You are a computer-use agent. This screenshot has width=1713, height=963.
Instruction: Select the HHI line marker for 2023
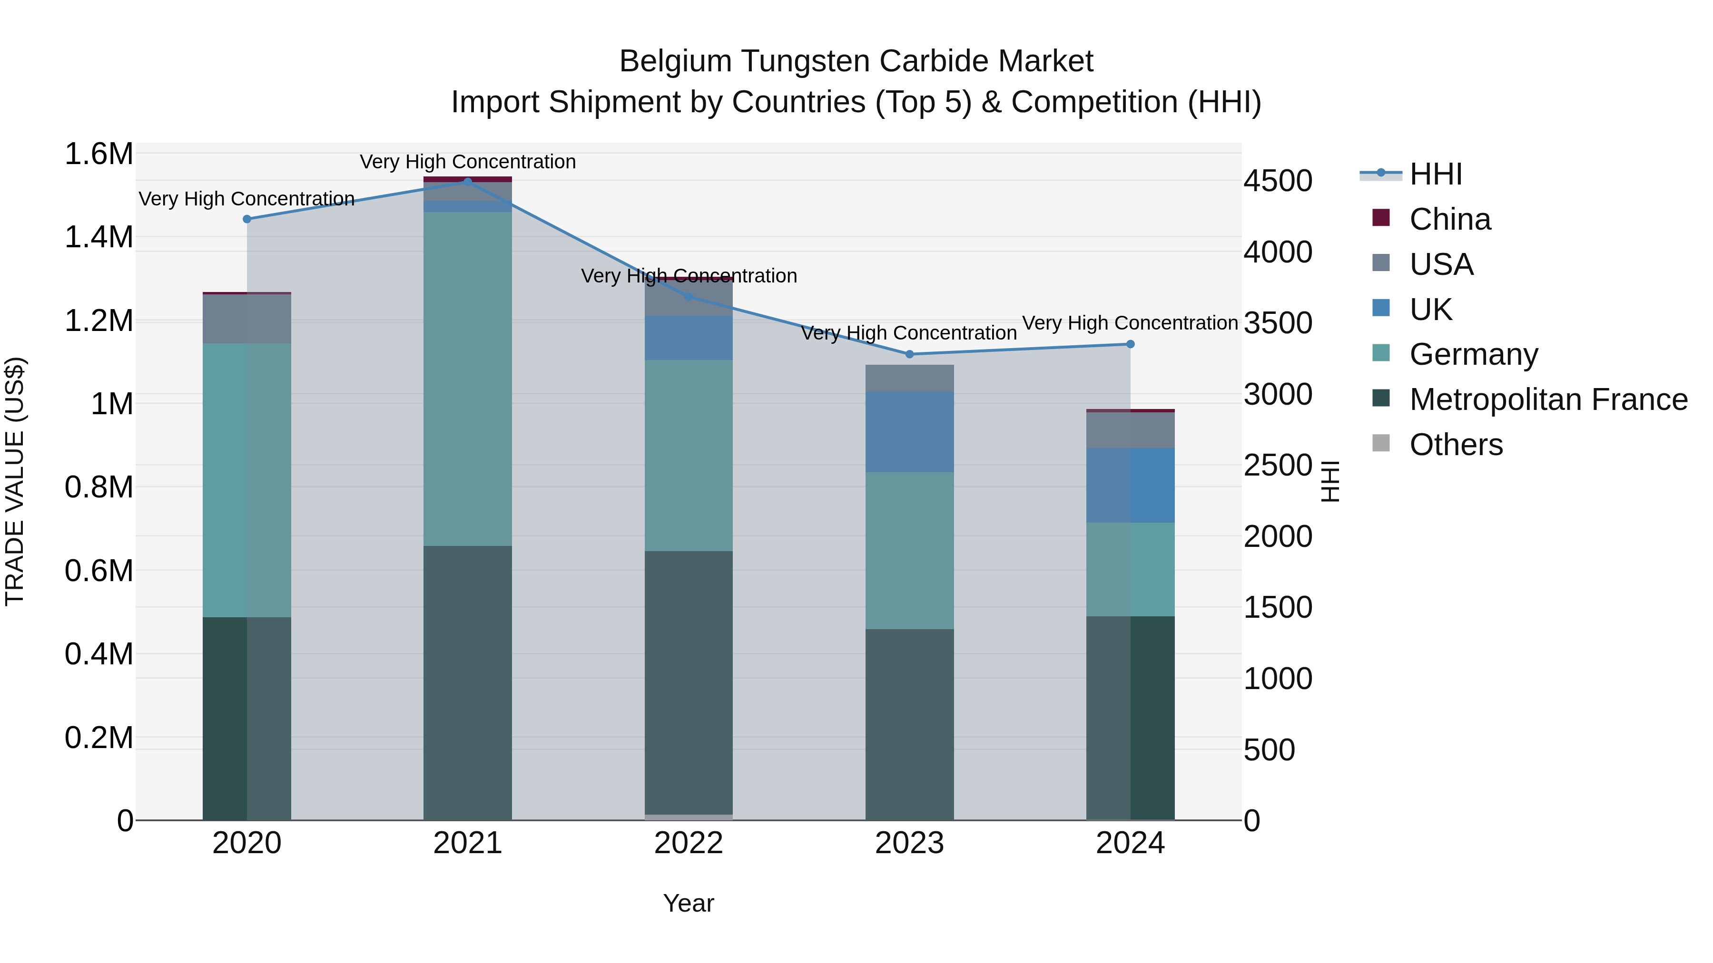click(910, 354)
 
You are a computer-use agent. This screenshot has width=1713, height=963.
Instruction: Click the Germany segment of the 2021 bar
click(467, 379)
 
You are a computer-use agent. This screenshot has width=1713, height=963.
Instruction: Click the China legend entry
click(1450, 219)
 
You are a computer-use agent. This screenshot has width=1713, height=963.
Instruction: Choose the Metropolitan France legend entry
click(1548, 399)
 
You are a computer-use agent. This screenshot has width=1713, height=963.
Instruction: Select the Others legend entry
click(1456, 445)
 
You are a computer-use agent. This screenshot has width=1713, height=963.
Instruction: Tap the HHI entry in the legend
click(1435, 174)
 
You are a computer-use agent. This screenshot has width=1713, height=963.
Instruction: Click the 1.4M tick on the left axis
click(98, 237)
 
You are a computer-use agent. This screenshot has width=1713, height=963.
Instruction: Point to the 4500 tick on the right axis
click(1278, 181)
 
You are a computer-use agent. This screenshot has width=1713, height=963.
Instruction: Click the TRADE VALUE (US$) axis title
click(15, 481)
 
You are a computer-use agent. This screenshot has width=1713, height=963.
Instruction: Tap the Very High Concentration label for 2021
click(467, 162)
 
